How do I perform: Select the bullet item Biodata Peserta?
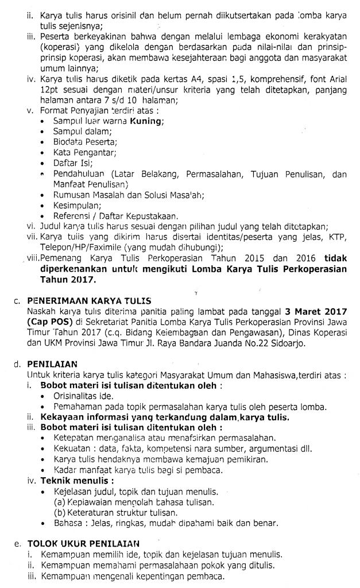coord(84,142)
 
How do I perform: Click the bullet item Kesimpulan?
coord(78,205)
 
